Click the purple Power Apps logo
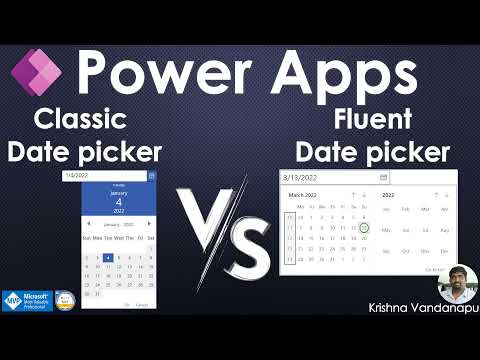pos(36,72)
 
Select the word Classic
pos(80,120)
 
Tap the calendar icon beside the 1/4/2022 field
pos(152,176)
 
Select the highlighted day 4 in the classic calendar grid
pos(108,257)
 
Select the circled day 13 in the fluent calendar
pos(365,228)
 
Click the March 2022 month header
pos(304,195)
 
